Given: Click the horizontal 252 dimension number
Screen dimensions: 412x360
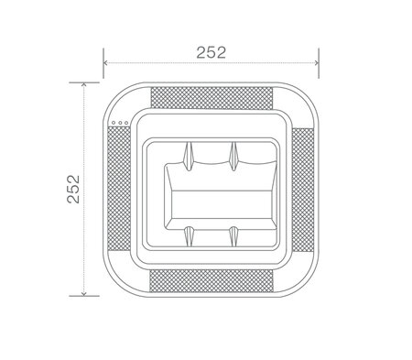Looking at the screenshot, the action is point(211,52).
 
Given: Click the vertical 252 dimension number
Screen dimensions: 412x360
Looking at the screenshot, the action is point(73,189).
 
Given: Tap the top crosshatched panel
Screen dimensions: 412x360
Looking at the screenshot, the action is point(211,98).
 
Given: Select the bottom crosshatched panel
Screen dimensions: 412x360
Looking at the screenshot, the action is point(211,281).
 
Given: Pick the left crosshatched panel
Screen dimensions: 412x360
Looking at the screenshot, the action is point(119,189).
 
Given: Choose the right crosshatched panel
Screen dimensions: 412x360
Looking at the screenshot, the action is point(302,190).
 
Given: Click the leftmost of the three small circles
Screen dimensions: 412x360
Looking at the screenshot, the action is point(114,123).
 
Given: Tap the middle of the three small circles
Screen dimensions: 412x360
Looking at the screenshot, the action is point(120,123).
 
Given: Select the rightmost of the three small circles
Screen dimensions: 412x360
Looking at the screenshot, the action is point(126,123).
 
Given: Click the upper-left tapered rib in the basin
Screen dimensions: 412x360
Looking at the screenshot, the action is point(189,156).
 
